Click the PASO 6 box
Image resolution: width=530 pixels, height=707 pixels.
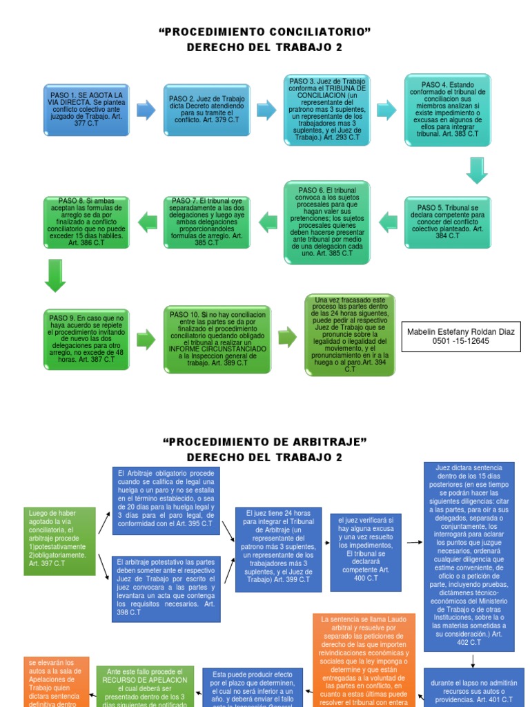point(327,222)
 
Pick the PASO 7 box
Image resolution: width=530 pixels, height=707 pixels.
point(206,222)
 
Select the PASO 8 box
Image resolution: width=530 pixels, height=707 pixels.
point(86,222)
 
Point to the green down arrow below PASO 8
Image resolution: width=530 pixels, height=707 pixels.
point(55,275)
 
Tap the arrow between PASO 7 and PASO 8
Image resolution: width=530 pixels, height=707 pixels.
point(147,222)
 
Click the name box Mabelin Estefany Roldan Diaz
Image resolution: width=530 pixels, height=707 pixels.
point(461,336)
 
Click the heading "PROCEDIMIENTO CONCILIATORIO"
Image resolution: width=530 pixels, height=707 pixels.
point(265,31)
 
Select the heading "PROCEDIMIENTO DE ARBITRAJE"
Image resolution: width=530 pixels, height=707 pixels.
point(265,441)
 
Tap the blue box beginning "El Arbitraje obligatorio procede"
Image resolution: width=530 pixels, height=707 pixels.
point(165,501)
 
